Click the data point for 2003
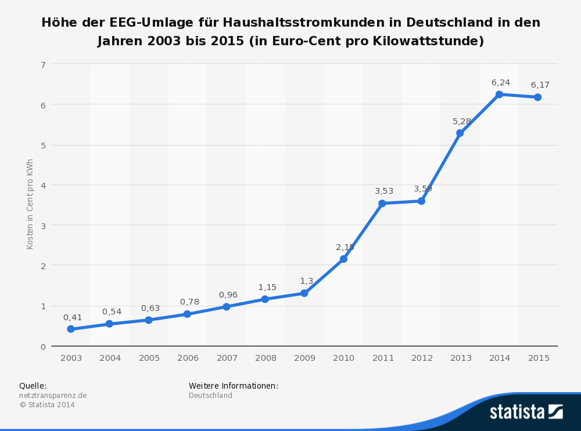click(x=71, y=329)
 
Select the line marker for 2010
click(x=343, y=259)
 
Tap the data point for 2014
click(x=499, y=94)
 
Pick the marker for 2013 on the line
click(x=460, y=133)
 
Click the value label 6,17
click(x=540, y=85)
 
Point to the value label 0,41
click(x=73, y=317)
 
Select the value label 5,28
click(x=462, y=121)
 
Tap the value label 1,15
click(x=267, y=287)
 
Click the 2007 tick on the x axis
click(x=227, y=358)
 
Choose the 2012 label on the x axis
click(x=422, y=358)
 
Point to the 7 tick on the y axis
click(x=43, y=64)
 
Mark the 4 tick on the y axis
click(x=43, y=185)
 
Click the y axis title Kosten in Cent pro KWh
click(x=30, y=204)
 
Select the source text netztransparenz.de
click(x=53, y=396)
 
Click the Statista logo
click(x=526, y=412)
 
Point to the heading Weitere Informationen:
click(x=234, y=386)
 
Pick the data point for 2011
click(x=382, y=203)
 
